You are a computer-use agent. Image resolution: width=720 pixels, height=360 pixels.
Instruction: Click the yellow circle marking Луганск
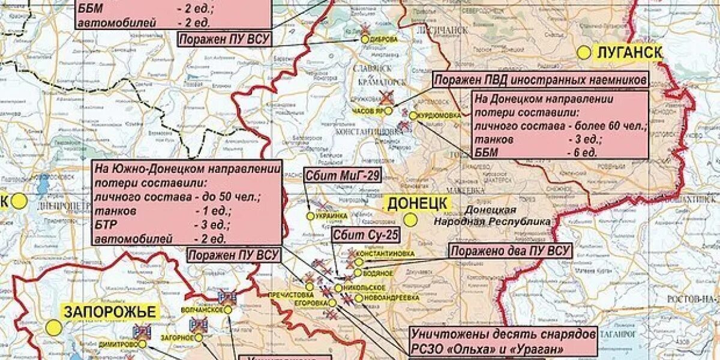coord(584,53)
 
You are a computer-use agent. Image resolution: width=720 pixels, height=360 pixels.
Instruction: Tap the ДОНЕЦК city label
coord(417,203)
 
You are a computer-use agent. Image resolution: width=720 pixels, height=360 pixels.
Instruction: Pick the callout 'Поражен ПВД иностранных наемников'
coord(541,80)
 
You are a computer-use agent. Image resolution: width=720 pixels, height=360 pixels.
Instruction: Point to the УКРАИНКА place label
coord(332,216)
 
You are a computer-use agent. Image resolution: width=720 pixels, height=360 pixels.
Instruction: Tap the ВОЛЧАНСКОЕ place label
coord(202,310)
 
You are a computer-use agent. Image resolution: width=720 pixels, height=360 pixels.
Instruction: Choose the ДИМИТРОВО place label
coord(118,344)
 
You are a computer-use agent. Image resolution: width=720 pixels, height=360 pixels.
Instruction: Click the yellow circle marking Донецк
coord(410,220)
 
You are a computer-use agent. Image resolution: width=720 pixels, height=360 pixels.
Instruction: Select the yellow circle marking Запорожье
coord(54,328)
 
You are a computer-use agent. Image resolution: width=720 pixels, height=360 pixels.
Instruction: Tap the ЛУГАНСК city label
coord(629,52)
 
